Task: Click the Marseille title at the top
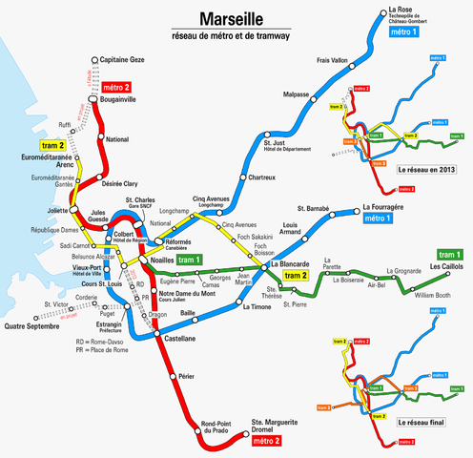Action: pyautogui.click(x=240, y=19)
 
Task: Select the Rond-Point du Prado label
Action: pyautogui.click(x=220, y=428)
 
